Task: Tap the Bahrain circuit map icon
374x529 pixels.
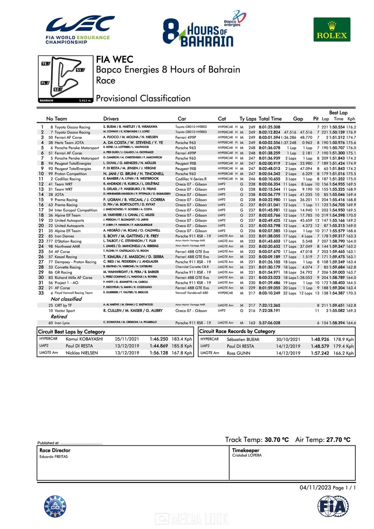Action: (x=66, y=79)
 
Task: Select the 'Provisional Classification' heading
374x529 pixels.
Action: (x=143, y=99)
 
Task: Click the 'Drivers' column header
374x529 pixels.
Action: (x=111, y=119)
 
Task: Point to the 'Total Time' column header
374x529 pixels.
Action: (x=270, y=119)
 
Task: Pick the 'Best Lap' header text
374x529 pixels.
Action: (x=339, y=113)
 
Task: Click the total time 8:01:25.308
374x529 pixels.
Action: (x=269, y=127)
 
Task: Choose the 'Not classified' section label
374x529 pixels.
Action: (x=66, y=299)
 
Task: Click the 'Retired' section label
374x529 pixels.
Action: (x=59, y=316)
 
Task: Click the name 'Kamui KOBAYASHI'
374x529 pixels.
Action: (x=84, y=339)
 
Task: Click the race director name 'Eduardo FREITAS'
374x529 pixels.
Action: (x=54, y=457)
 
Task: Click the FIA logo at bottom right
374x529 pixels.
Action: (x=333, y=506)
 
